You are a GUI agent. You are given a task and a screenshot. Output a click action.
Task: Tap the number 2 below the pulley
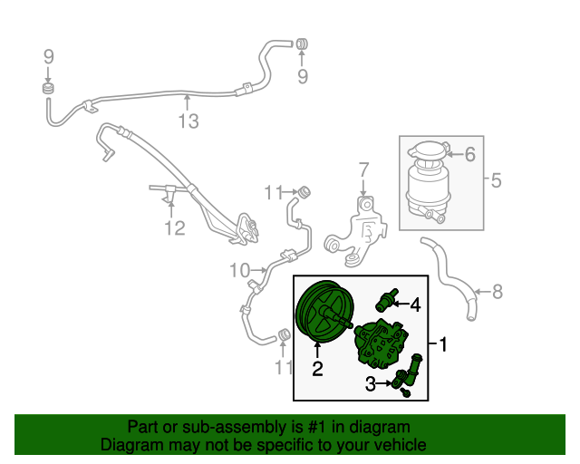point(317,368)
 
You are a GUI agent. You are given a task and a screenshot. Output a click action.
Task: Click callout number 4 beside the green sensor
point(415,304)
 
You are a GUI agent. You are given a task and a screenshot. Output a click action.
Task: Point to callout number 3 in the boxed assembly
point(370,385)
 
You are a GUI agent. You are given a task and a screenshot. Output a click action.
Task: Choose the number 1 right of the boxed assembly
point(444,344)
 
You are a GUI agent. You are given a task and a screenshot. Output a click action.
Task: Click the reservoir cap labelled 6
point(428,153)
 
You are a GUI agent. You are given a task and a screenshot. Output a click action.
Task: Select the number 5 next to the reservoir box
point(495,181)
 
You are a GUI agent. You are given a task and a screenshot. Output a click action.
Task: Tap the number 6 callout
point(469,155)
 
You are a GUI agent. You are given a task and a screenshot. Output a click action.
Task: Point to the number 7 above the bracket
point(362,169)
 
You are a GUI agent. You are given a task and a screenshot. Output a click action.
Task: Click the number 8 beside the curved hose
point(497,292)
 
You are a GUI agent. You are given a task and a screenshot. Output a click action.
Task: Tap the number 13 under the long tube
point(187,121)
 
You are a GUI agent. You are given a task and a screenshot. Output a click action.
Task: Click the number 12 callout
point(174,227)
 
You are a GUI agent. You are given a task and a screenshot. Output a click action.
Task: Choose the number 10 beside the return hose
point(238,270)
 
